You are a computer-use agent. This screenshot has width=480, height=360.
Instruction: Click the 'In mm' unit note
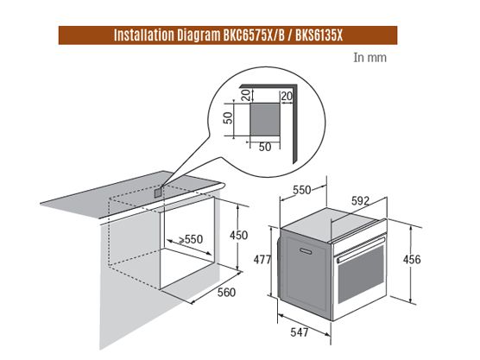point(369,58)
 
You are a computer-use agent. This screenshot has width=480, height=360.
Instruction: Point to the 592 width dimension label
point(360,201)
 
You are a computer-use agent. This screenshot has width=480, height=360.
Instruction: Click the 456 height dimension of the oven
point(412,260)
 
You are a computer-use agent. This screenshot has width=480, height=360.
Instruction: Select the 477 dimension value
point(262,260)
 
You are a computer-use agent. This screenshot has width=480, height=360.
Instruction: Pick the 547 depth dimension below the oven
point(300,332)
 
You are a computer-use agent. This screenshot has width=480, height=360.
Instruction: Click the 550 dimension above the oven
point(302,190)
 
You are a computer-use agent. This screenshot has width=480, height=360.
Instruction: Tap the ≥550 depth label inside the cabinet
point(191,239)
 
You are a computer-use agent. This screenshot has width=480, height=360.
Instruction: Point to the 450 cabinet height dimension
point(239,235)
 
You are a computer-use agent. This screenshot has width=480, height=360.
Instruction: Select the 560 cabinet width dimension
point(226,293)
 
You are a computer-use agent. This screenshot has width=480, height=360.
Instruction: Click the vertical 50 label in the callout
point(228,118)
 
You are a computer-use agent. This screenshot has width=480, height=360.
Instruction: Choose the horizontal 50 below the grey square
point(265,148)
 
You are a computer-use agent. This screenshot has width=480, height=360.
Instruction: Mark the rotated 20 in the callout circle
point(246,95)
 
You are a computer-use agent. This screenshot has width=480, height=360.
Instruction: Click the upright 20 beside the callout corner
point(287,96)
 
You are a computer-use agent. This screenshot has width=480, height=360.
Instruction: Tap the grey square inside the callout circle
point(265,119)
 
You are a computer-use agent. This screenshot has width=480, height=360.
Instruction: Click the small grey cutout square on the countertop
point(158,193)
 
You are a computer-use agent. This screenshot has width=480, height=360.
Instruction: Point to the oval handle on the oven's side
point(306,251)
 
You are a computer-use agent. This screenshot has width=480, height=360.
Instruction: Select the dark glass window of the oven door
point(361,275)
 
